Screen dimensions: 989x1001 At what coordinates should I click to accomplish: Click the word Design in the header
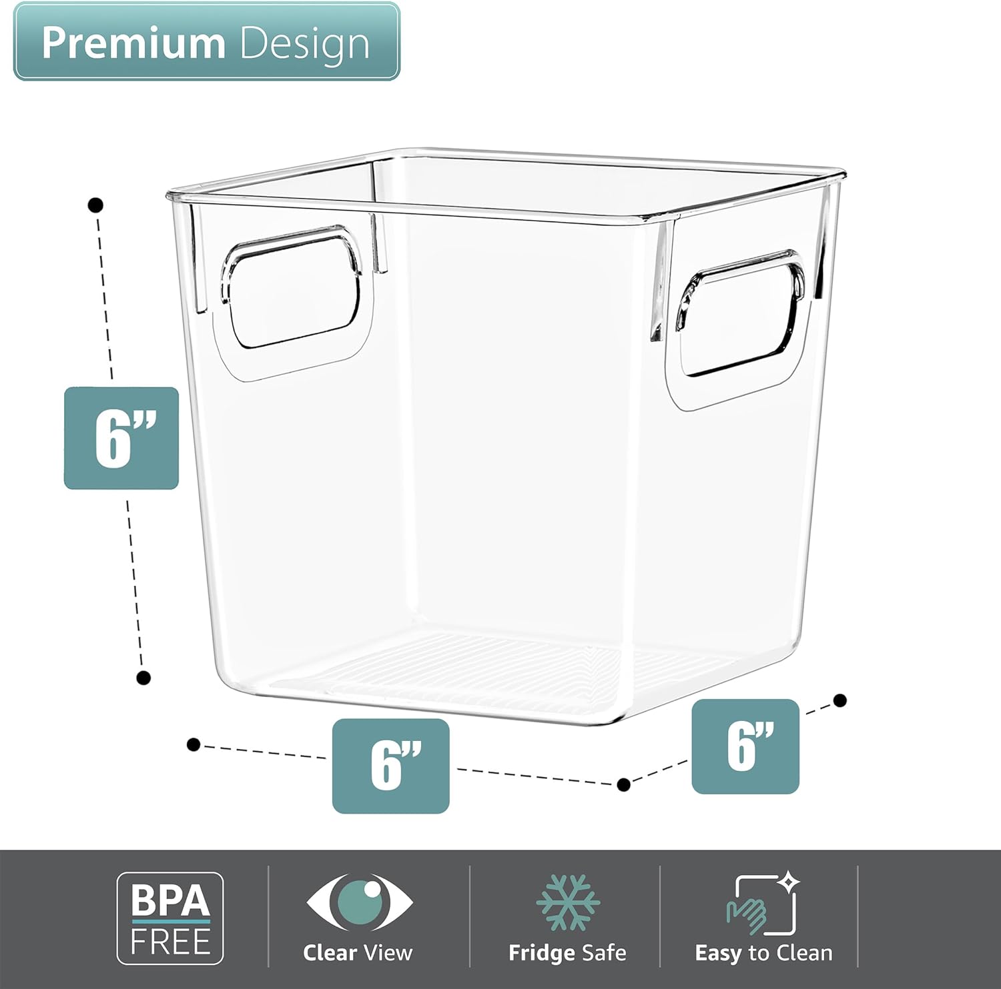click(x=304, y=44)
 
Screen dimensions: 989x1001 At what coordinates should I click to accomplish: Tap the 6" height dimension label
click(x=121, y=438)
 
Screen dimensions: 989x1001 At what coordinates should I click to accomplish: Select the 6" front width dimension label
click(x=391, y=766)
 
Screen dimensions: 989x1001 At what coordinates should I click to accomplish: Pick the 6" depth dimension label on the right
click(x=745, y=746)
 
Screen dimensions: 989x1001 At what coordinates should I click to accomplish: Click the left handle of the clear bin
click(x=292, y=293)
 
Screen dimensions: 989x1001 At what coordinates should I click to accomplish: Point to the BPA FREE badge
click(x=170, y=918)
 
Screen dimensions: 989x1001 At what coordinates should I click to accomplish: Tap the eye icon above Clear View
click(x=359, y=902)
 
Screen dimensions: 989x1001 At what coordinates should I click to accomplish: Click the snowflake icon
click(x=568, y=902)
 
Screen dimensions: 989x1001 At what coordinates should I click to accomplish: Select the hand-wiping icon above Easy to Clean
click(x=761, y=906)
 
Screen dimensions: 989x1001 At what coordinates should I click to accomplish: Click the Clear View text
click(x=358, y=952)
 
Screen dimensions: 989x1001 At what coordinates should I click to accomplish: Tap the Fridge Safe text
click(x=567, y=952)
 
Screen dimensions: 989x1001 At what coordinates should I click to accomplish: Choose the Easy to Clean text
click(x=763, y=952)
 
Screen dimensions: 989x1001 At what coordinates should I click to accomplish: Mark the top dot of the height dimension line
click(x=96, y=205)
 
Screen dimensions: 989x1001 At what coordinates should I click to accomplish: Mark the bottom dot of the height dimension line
click(x=143, y=678)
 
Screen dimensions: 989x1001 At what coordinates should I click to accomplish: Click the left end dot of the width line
click(x=194, y=744)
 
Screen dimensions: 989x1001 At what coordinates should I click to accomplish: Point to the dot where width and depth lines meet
click(x=624, y=785)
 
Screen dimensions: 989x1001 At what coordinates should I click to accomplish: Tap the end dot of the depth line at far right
click(x=841, y=700)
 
